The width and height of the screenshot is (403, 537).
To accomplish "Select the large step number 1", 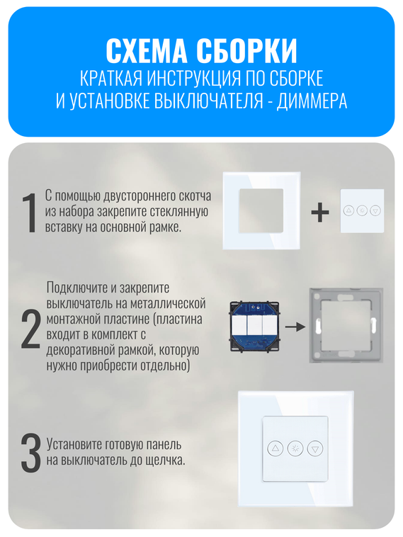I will [29, 213].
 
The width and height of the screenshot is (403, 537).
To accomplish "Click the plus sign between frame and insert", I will [320, 212].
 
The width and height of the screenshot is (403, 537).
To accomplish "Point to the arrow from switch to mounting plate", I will [296, 327].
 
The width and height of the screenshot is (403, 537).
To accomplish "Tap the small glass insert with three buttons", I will [362, 210].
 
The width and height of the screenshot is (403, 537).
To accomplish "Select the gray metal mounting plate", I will [346, 325].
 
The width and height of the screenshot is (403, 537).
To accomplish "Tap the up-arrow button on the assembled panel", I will [275, 448].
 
